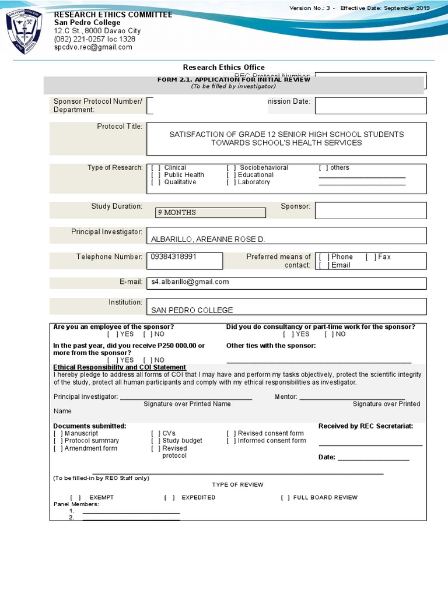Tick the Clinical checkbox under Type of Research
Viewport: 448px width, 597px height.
pyautogui.click(x=156, y=168)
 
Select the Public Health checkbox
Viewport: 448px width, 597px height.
pyautogui.click(x=156, y=175)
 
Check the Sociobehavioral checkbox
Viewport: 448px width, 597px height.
pyautogui.click(x=232, y=168)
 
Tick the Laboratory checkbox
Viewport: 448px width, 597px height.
pyautogui.click(x=232, y=182)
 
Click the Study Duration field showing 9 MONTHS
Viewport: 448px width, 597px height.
pyautogui.click(x=211, y=212)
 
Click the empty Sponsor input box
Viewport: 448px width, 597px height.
pyautogui.click(x=370, y=210)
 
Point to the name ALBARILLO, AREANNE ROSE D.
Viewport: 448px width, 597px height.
pyautogui.click(x=208, y=240)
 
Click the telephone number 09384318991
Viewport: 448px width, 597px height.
pyautogui.click(x=174, y=257)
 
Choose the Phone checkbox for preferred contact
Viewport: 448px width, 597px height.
pyautogui.click(x=324, y=257)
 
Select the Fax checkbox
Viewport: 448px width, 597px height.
pyautogui.click(x=370, y=257)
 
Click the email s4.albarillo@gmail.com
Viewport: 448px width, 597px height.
pyautogui.click(x=190, y=282)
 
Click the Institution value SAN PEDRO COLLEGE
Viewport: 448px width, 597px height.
pyautogui.click(x=192, y=311)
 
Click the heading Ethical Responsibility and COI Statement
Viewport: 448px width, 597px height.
pyautogui.click(x=111, y=367)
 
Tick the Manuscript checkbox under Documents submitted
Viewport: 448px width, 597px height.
pyautogui.click(x=58, y=434)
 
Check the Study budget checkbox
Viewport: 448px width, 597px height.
pyautogui.click(x=156, y=441)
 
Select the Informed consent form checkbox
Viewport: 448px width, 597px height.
pyautogui.click(x=232, y=441)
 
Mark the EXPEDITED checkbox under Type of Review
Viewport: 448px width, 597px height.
pyautogui.click(x=170, y=498)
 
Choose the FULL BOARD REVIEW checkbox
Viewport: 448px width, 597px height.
pyautogui.click(x=285, y=498)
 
